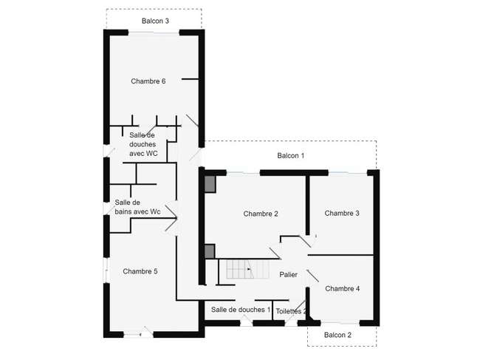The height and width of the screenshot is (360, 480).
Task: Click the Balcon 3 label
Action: [x=155, y=21]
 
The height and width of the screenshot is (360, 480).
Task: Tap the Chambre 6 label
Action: [x=148, y=81]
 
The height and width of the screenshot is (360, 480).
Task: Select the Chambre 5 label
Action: [x=140, y=271]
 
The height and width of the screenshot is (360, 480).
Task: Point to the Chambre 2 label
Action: [x=261, y=214]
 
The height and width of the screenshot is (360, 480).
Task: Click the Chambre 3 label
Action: [x=342, y=213]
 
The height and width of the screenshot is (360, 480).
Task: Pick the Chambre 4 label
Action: [x=342, y=288]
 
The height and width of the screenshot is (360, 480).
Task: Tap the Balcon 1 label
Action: [x=291, y=156]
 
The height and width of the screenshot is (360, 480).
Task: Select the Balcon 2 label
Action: [x=337, y=335]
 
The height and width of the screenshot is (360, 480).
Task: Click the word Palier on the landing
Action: [x=288, y=274]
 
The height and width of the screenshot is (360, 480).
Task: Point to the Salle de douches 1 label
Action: [x=241, y=310]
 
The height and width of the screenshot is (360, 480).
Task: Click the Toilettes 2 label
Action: [x=291, y=311]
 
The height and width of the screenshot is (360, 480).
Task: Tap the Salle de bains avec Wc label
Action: [x=137, y=207]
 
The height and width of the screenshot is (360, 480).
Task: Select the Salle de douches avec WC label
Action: [x=143, y=144]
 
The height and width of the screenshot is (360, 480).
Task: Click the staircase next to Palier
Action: [x=248, y=269]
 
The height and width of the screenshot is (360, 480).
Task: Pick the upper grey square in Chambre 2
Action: [x=210, y=185]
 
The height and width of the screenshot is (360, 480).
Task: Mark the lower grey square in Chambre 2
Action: [x=210, y=251]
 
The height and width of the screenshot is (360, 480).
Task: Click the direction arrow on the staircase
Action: [x=249, y=269]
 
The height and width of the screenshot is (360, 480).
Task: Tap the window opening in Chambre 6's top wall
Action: [x=154, y=33]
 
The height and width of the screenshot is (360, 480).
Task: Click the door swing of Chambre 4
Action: [x=312, y=276]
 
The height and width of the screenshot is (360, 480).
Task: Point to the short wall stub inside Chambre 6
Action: [x=190, y=79]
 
